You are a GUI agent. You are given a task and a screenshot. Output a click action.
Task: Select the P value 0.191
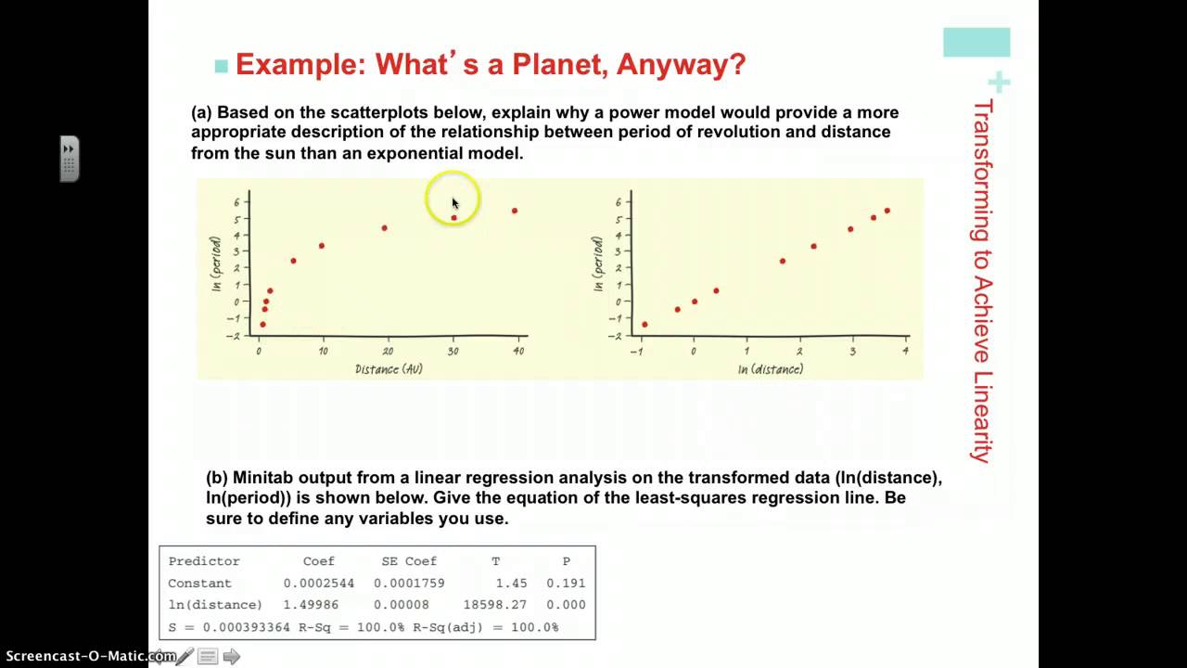click(566, 584)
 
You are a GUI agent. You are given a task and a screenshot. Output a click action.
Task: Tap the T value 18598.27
click(494, 605)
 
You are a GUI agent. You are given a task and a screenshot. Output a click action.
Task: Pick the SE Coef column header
click(409, 561)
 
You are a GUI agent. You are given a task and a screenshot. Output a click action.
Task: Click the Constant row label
click(199, 584)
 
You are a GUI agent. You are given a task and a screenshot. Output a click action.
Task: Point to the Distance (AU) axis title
click(389, 369)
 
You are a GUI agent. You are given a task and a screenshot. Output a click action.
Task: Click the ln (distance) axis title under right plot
click(771, 369)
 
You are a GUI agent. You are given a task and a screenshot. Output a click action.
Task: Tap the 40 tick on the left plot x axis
click(518, 352)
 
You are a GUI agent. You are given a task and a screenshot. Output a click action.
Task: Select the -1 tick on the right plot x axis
click(637, 352)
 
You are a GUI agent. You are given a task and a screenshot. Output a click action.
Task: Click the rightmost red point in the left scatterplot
click(515, 211)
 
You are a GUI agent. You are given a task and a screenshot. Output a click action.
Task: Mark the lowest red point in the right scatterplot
click(645, 325)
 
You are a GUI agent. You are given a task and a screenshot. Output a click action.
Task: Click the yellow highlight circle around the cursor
click(453, 198)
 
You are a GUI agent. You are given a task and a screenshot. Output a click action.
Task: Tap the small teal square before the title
click(221, 66)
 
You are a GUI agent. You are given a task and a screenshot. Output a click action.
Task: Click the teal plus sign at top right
click(999, 83)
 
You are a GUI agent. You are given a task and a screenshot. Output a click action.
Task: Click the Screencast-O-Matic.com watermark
click(88, 657)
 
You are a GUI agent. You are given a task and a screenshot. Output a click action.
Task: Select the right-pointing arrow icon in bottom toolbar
click(232, 657)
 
